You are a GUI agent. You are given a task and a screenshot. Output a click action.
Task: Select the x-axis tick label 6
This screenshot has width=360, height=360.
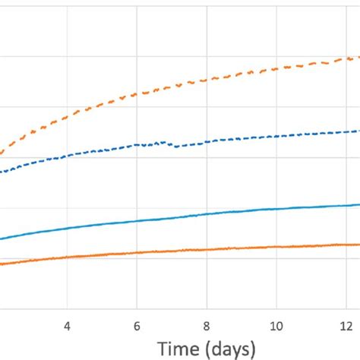click(x=137, y=324)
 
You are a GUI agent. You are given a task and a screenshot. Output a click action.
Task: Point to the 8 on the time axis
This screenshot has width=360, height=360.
click(x=207, y=324)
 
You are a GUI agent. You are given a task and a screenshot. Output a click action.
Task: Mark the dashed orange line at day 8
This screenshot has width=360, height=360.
click(x=207, y=79)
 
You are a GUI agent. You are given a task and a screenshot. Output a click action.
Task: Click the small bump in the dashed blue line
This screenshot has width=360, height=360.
click(x=161, y=142)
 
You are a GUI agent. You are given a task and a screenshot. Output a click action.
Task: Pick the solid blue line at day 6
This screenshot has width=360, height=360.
click(x=137, y=221)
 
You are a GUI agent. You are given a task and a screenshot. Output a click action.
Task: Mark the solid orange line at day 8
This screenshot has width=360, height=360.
click(x=207, y=249)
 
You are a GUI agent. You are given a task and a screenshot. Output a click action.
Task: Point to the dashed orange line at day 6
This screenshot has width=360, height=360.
click(x=137, y=93)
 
